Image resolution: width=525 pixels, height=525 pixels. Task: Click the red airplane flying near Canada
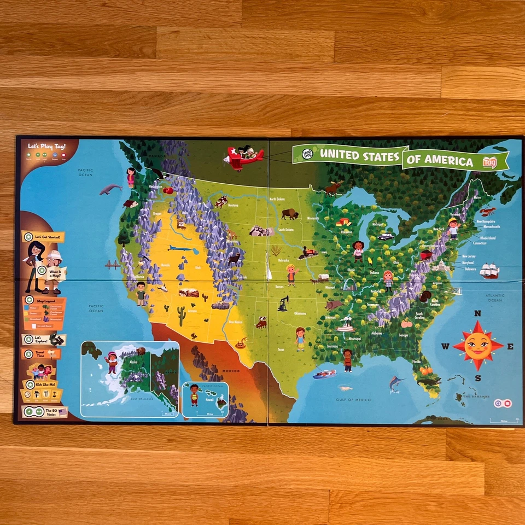click(x=243, y=157)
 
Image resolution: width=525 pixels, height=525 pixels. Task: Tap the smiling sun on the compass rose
click(x=478, y=346)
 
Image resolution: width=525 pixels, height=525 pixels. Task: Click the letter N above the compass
click(x=477, y=314)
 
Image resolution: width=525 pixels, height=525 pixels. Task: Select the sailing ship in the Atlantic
click(x=489, y=270)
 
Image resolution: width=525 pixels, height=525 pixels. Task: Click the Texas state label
click(x=281, y=349)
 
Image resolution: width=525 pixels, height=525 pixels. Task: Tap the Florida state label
click(x=417, y=361)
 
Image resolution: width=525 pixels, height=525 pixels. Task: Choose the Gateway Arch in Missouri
click(x=349, y=284)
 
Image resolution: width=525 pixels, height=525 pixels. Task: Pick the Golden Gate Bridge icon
click(x=113, y=265)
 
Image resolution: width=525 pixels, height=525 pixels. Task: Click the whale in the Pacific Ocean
click(x=110, y=189)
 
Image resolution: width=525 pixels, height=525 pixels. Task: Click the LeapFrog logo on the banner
click(x=305, y=155)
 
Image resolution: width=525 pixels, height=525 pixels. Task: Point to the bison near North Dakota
click(x=289, y=214)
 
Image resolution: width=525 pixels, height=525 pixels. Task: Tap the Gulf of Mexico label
click(x=354, y=400)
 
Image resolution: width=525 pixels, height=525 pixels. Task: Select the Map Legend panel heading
click(x=44, y=300)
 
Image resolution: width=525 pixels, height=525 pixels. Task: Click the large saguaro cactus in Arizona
click(x=181, y=316)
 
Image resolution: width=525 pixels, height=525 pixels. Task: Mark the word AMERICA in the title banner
click(x=451, y=161)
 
